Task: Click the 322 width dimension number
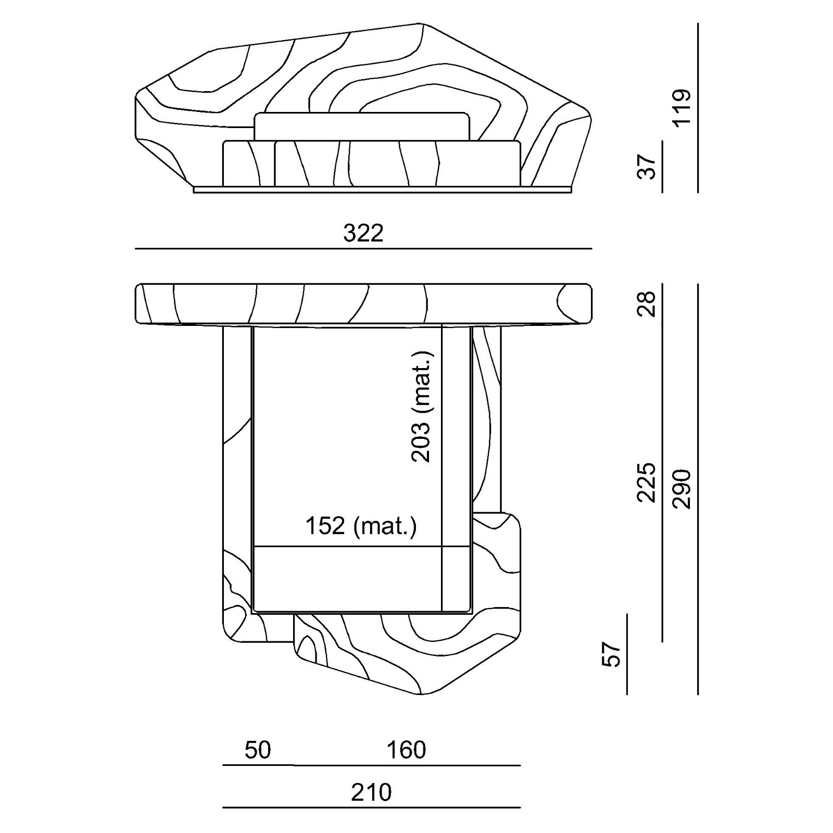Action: pyautogui.click(x=363, y=233)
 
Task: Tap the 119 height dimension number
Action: pyautogui.click(x=681, y=108)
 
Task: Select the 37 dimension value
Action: pyautogui.click(x=647, y=167)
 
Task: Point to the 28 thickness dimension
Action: pyautogui.click(x=647, y=305)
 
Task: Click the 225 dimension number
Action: pyautogui.click(x=647, y=483)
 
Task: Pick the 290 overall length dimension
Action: pyautogui.click(x=681, y=489)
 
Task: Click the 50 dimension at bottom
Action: pyautogui.click(x=258, y=750)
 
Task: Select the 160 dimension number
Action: pyautogui.click(x=406, y=750)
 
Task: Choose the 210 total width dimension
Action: pyautogui.click(x=371, y=792)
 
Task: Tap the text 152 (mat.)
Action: pyautogui.click(x=361, y=526)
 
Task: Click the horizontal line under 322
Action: pyautogui.click(x=363, y=249)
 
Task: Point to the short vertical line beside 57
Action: pyautogui.click(x=627, y=654)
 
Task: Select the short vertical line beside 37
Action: pyautogui.click(x=662, y=167)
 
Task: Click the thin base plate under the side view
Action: pyautogui.click(x=383, y=190)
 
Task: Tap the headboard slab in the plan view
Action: pyautogui.click(x=363, y=304)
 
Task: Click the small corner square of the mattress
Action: pyautogui.click(x=456, y=579)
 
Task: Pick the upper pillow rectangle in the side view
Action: pyautogui.click(x=362, y=127)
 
